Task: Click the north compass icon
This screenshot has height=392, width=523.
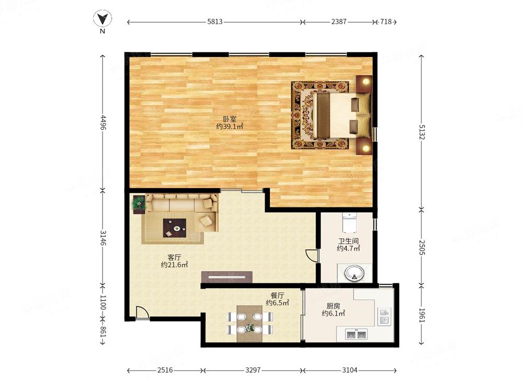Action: (103, 19)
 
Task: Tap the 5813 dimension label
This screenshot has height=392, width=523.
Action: (215, 21)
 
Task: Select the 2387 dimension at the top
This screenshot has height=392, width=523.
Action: (339, 21)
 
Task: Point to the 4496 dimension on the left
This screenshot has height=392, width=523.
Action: (103, 123)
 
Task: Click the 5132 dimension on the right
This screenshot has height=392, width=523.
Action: (422, 132)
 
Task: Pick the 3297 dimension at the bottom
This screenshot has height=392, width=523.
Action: (253, 370)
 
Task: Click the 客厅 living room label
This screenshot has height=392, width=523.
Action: (174, 257)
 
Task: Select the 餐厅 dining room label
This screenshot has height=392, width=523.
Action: (277, 295)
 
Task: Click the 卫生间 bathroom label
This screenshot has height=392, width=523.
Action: (348, 240)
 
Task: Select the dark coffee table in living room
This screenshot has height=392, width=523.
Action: (175, 228)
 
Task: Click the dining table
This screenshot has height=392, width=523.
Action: (250, 324)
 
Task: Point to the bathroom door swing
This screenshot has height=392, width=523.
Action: (311, 256)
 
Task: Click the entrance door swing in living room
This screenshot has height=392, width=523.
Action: (142, 313)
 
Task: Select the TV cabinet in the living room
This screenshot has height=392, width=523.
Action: (227, 277)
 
